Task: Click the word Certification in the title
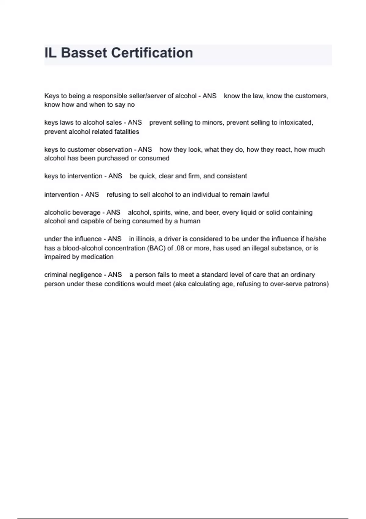(152, 53)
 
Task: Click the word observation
(114, 150)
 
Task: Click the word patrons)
(316, 284)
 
